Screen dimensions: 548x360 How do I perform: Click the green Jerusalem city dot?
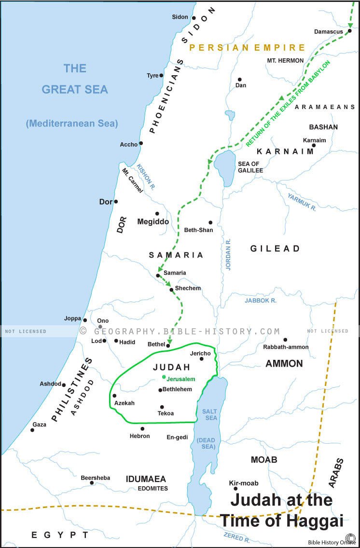[x=164, y=377]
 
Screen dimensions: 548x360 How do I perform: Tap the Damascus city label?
[x=328, y=32]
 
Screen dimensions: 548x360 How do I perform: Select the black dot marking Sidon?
[x=194, y=18]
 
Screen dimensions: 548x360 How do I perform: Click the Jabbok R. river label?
[x=261, y=300]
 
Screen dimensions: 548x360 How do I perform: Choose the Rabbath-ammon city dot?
[x=285, y=340]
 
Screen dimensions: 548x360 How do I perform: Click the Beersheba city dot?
[x=92, y=482]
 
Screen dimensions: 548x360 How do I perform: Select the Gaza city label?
[x=40, y=425]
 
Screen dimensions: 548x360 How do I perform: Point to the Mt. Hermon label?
[x=285, y=61]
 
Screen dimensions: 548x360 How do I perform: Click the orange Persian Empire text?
[x=247, y=47]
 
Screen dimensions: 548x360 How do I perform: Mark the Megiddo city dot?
[x=157, y=213]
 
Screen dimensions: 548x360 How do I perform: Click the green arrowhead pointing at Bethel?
[x=169, y=341]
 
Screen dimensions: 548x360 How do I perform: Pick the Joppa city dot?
[x=85, y=320]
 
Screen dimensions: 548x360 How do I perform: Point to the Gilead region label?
[x=275, y=248]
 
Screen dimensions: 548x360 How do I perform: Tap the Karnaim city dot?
[x=314, y=145]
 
